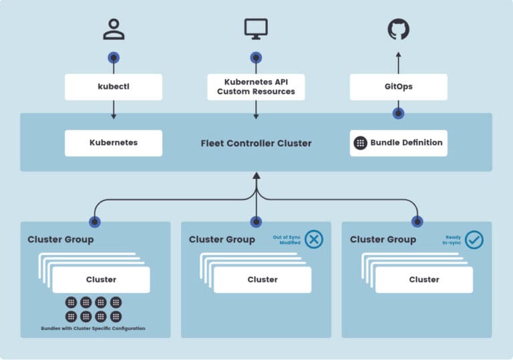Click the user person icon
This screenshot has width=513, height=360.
[x=113, y=29]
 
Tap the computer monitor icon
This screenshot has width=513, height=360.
[x=256, y=28]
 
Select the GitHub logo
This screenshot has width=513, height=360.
[x=399, y=29]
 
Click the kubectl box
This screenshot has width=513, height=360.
[x=113, y=87]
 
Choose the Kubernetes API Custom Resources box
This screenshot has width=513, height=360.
[x=256, y=87]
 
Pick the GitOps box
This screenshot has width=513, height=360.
[x=399, y=87]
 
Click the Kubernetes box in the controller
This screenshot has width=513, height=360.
[x=113, y=143]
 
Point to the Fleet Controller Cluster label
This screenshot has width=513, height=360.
[x=256, y=143]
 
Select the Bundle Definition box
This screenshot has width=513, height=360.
[x=399, y=143]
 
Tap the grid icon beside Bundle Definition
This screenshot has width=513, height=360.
[x=361, y=143]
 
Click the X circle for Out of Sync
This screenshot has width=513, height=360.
[x=314, y=239]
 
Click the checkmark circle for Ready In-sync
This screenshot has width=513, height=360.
[x=474, y=239]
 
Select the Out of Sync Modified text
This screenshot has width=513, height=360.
[x=288, y=240]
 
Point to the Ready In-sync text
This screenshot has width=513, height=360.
[x=453, y=240]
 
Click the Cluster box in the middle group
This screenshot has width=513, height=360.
[x=263, y=280]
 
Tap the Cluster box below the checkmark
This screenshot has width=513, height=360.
[x=424, y=280]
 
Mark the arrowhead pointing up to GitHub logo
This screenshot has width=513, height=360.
[x=399, y=56]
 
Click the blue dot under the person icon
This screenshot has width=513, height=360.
[x=113, y=57]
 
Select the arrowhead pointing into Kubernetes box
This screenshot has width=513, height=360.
[x=113, y=117]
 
